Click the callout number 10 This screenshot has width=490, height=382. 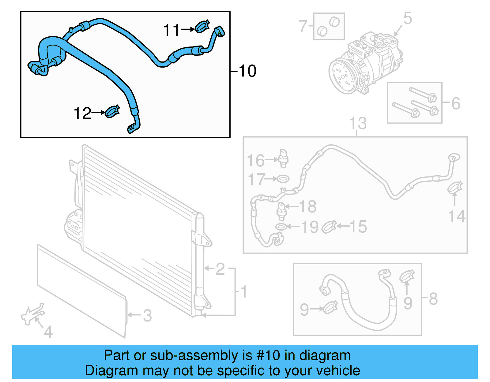[x=247, y=71]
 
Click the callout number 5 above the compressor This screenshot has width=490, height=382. [x=408, y=18]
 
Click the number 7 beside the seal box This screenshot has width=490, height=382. [x=303, y=26]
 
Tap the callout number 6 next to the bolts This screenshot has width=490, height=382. [x=456, y=103]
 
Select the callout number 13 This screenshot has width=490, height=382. [x=358, y=124]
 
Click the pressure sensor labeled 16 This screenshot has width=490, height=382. [x=284, y=158]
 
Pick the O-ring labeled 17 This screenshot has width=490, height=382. [x=283, y=178]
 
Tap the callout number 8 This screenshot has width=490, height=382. [x=433, y=299]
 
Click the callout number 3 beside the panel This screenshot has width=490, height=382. [x=147, y=316]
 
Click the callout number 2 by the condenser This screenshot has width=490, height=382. [x=220, y=269]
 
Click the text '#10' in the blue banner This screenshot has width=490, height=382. [x=268, y=355]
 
